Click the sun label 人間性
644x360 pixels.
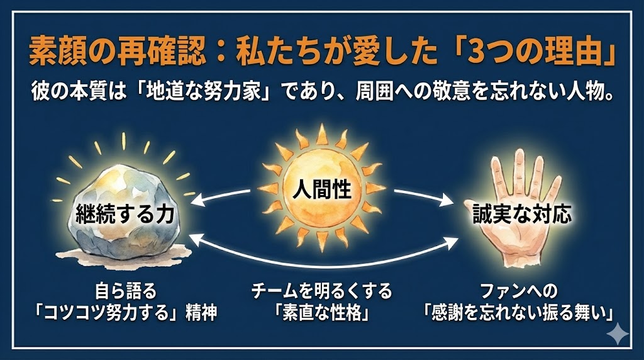point(321,191)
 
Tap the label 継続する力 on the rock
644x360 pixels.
point(125,214)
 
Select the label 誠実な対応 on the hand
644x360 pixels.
point(522,214)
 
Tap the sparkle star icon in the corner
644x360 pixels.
point(618,334)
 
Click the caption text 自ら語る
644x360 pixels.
point(126,291)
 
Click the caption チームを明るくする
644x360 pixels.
point(321,291)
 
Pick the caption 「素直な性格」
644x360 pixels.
point(322,313)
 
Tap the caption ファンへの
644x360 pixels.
point(519,291)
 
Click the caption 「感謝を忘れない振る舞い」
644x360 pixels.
point(519,313)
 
